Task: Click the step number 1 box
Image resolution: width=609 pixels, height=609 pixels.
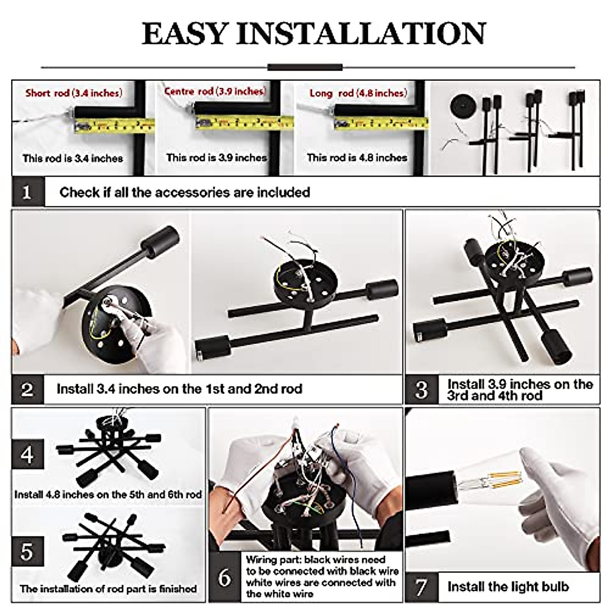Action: click(x=28, y=192)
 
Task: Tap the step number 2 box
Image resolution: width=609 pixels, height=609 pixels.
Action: click(x=28, y=389)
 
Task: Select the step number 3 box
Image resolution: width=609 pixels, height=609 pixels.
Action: click(x=421, y=390)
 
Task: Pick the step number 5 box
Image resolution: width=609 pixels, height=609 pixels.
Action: click(x=27, y=552)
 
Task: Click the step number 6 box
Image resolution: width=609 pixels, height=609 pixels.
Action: click(x=225, y=578)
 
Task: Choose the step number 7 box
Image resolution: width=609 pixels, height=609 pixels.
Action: click(x=421, y=587)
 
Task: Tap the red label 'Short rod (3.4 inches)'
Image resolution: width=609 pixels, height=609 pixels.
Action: click(x=74, y=93)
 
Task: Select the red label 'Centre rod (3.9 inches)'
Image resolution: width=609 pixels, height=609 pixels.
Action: click(x=215, y=91)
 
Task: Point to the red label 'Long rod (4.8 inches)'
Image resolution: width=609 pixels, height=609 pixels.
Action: click(x=358, y=93)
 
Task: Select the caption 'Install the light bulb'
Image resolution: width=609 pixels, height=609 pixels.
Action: click(x=507, y=587)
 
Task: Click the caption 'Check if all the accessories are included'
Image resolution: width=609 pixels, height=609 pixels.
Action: click(x=185, y=192)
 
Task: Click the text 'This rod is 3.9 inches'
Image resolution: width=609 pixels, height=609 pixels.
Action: click(x=217, y=158)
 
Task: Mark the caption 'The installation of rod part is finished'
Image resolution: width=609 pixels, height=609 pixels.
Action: click(x=108, y=589)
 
